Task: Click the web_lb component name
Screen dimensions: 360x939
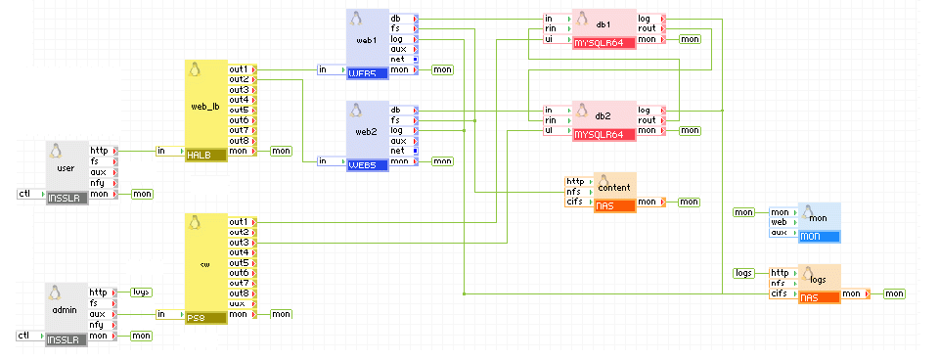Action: coord(205,107)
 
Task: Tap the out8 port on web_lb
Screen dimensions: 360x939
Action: coord(240,140)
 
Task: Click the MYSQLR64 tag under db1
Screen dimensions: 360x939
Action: coord(599,43)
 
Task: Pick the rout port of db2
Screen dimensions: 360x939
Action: coord(648,120)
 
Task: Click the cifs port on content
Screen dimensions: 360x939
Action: coord(575,202)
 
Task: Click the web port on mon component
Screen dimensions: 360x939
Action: coord(781,222)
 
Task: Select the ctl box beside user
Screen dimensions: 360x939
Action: coord(25,194)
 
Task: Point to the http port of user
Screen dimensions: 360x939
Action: coord(100,150)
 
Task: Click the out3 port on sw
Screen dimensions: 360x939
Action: coord(240,242)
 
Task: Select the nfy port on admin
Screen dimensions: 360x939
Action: coord(99,325)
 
